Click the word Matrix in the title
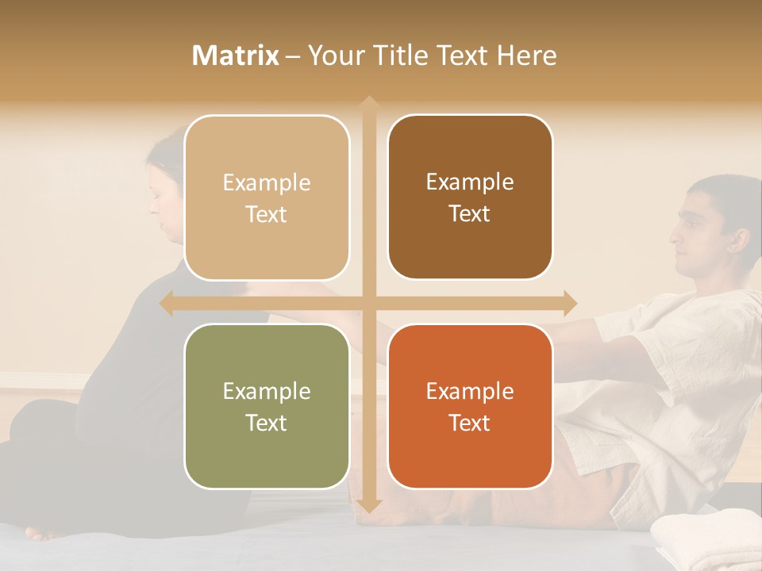pos(236,56)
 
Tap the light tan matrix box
pos(267,198)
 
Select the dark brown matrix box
pos(470,197)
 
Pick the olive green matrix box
pos(267,407)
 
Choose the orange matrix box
pos(470,407)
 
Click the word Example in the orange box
pos(470,391)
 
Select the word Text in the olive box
pos(267,423)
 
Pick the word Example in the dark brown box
pos(470,182)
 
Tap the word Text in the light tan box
pos(267,214)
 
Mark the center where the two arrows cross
pos(368,303)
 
